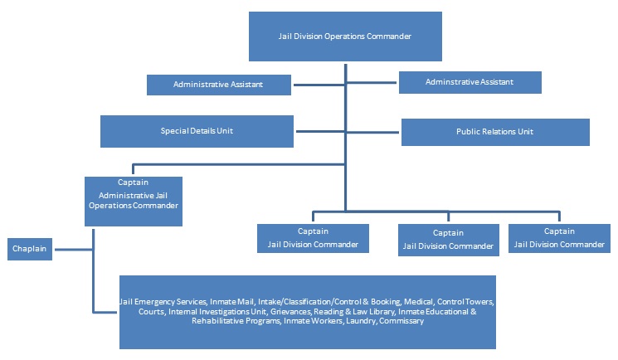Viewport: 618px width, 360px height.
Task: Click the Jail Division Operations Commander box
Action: [x=345, y=36]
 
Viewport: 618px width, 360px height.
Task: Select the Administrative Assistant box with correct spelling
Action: [x=219, y=85]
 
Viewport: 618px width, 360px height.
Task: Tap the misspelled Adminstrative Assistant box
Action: [x=470, y=82]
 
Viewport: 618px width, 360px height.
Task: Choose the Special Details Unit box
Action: [x=197, y=131]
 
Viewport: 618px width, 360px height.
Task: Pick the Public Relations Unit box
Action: [x=495, y=132]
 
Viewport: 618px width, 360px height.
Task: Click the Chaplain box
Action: [x=30, y=249]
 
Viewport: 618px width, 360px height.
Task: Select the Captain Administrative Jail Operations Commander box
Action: [x=134, y=201]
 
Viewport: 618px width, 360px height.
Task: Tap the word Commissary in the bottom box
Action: [x=401, y=321]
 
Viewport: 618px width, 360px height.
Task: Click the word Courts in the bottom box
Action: [x=151, y=312]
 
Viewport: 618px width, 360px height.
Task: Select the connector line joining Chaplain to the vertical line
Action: [x=74, y=249]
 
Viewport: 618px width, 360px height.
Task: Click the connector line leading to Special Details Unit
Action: [x=320, y=131]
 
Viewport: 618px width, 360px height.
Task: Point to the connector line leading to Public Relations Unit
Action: [x=372, y=132]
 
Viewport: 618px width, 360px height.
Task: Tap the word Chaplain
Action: [x=29, y=248]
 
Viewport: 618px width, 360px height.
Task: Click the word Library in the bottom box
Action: [x=381, y=312]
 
